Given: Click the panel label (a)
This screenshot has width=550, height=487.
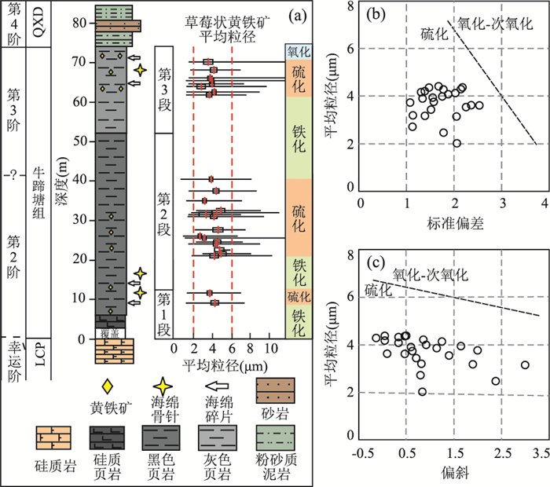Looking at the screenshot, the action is pyautogui.click(x=298, y=16).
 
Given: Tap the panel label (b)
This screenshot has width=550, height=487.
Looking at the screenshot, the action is pyautogui.click(x=376, y=14).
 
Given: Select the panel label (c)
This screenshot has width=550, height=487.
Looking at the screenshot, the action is pyautogui.click(x=376, y=262).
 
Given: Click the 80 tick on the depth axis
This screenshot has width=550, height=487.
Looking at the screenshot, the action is pyautogui.click(x=79, y=23).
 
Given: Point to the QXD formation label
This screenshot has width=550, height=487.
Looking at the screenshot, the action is pyautogui.click(x=38, y=22).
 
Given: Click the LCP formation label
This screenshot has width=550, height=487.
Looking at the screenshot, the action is pyautogui.click(x=39, y=355).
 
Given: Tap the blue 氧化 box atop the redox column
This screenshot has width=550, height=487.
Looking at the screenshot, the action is pyautogui.click(x=299, y=52).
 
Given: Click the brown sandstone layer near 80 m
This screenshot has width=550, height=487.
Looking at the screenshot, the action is pyautogui.click(x=118, y=26).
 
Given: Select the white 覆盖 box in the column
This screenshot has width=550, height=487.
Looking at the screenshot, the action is pyautogui.click(x=110, y=333).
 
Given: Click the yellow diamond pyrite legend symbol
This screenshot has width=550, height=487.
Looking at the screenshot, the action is pyautogui.click(x=108, y=386).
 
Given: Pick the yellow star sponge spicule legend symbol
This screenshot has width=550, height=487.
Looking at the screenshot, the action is pyautogui.click(x=163, y=386).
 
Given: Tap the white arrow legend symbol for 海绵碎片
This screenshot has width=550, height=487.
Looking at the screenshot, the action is pyautogui.click(x=217, y=386).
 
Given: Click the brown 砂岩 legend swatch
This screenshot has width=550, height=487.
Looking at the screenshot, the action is pyautogui.click(x=275, y=390).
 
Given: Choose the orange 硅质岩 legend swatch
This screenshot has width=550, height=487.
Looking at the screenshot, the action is pyautogui.click(x=53, y=438).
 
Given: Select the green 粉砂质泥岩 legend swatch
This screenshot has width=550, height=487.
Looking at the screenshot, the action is pyautogui.click(x=275, y=438).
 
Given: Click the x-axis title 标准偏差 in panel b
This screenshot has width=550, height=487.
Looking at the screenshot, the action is pyautogui.click(x=455, y=223).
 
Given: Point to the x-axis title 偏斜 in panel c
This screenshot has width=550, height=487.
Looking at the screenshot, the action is pyautogui.click(x=455, y=472).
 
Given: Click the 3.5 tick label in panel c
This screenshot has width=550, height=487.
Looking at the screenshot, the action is pyautogui.click(x=541, y=453).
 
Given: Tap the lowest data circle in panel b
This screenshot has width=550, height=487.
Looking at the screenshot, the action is pyautogui.click(x=456, y=143).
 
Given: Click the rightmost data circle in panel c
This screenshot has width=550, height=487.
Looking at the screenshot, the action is pyautogui.click(x=525, y=365).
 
